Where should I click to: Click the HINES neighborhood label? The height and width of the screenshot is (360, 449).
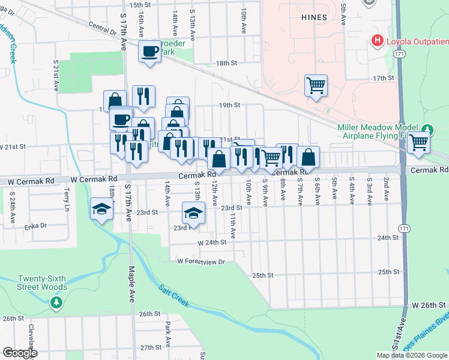coord(314,17)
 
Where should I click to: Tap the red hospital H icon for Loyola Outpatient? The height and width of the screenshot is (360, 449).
coord(378,41)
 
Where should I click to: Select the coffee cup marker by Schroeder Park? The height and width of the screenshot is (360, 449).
coord(149,52)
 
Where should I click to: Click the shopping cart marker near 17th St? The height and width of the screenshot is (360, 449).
coord(315,85)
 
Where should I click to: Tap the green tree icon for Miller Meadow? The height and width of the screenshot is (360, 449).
coord(427,130)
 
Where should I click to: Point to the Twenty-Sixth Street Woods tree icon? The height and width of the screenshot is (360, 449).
coord(57,303)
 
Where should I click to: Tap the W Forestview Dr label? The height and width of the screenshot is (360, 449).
coord(200,262)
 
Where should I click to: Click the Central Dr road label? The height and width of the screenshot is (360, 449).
coord(100,29)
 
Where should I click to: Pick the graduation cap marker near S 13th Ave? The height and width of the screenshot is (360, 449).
coord(193,213)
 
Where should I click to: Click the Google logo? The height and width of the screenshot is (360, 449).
coord(20,353)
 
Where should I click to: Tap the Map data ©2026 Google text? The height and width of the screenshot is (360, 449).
coord(411,355)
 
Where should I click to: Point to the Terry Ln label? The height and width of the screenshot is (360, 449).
coord(67,197)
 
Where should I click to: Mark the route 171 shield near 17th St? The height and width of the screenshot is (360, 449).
coord(399,54)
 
